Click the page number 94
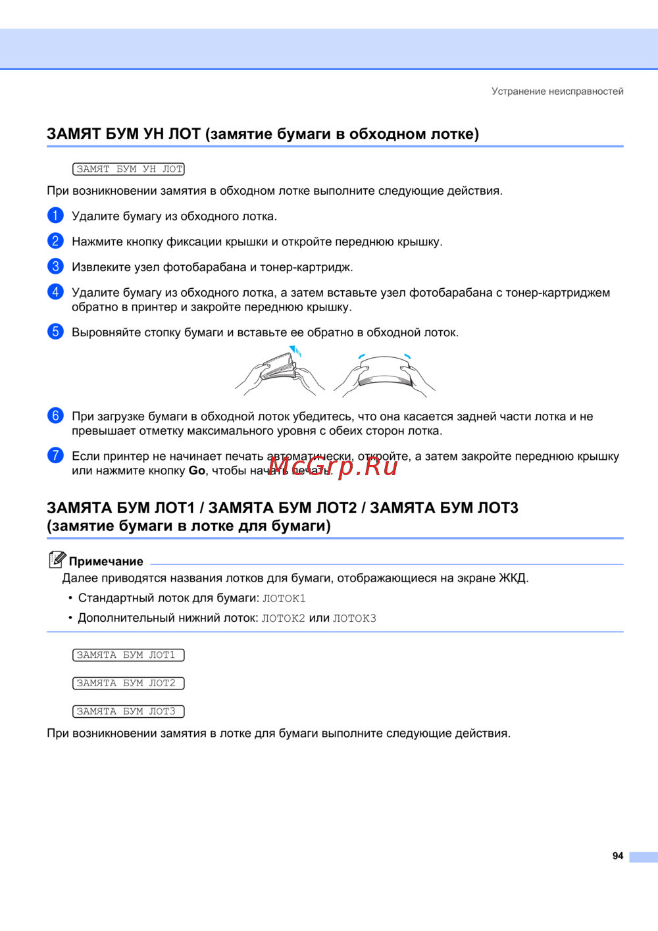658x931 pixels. coord(617,856)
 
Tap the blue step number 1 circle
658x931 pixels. coord(56,215)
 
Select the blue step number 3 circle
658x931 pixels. coord(56,266)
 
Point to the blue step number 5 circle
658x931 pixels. coord(56,331)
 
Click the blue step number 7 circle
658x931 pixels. coord(56,455)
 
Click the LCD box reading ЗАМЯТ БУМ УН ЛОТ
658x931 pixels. coord(128,169)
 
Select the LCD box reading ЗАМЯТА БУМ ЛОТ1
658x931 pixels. coord(128,655)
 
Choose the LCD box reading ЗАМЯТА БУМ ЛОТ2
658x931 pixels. coord(128,684)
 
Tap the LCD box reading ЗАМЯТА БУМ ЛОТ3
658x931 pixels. coord(128,712)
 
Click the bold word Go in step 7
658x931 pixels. coord(197,471)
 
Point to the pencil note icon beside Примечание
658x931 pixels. coord(57,559)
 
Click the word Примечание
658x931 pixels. coord(106,562)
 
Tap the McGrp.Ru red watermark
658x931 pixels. coord(333,466)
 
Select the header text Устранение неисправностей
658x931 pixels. coord(557,91)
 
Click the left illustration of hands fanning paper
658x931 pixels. coord(280,372)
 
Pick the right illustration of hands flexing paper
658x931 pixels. coord(385,374)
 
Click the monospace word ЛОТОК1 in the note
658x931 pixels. coord(284,599)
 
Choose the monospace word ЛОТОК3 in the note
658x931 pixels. coord(354,618)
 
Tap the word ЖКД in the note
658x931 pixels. coord(512,578)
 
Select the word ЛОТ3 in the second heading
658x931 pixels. coord(497,508)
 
